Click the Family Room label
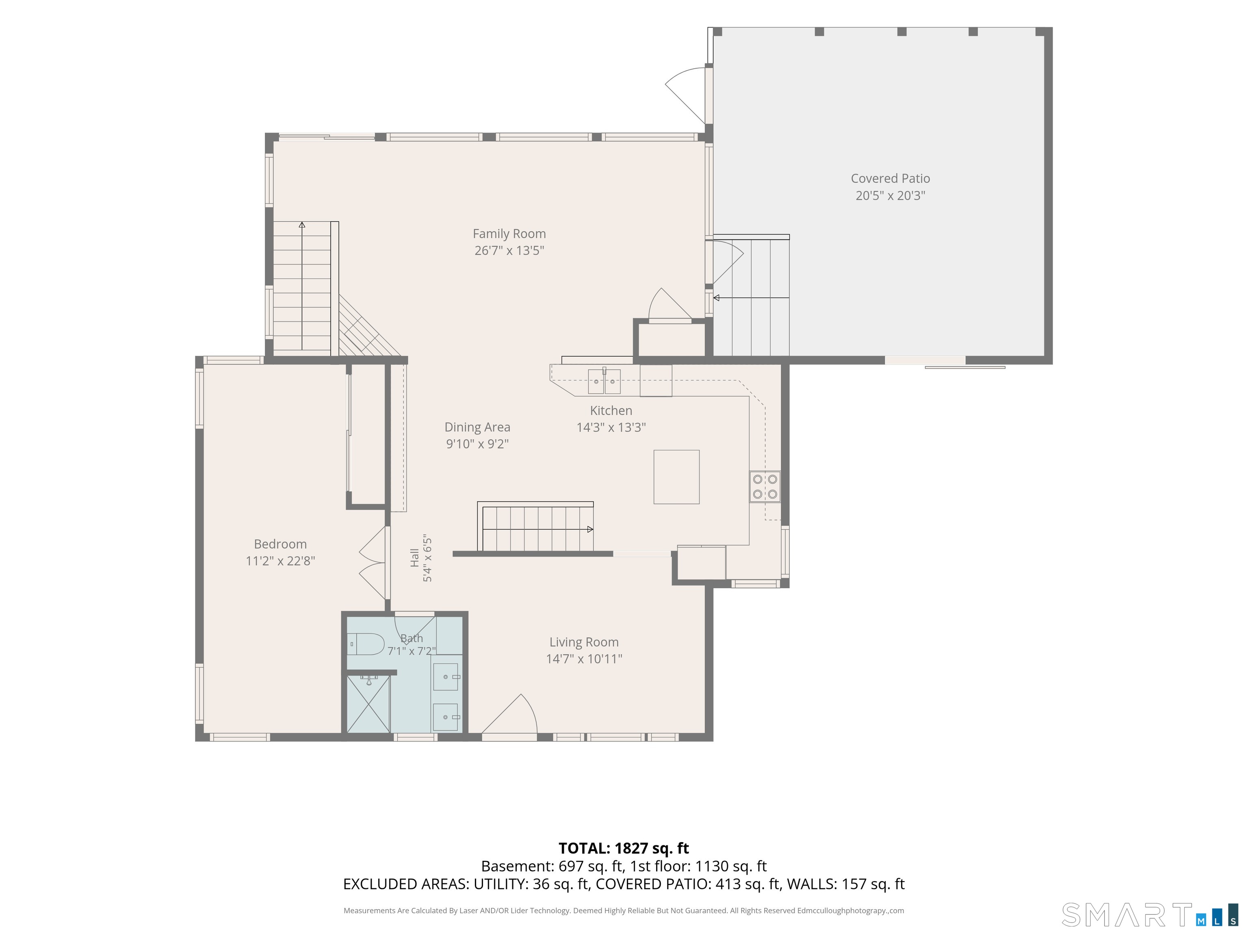coord(509,234)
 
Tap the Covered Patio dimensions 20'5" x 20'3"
coord(890,195)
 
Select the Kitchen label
coord(611,411)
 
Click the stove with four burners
coord(765,486)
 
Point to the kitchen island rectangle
coord(676,477)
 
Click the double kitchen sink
coord(604,381)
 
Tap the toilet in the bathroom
coord(366,643)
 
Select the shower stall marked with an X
coord(368,704)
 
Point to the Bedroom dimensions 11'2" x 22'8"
coord(280,561)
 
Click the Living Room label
coord(584,642)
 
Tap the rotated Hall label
coord(415,557)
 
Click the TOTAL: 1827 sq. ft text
coord(624,848)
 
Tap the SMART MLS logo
coord(1149,914)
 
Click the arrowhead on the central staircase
coord(590,529)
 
